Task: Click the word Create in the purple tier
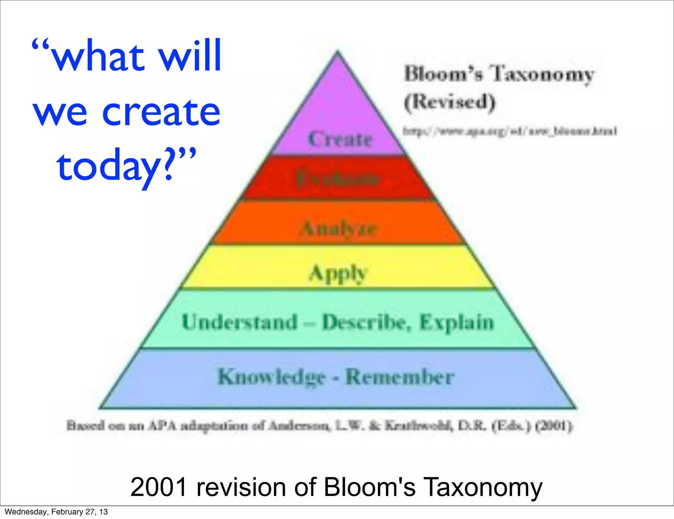pyautogui.click(x=340, y=139)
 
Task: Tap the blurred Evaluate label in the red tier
pyautogui.click(x=338, y=179)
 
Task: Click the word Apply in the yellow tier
pyautogui.click(x=338, y=273)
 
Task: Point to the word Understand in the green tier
pyautogui.click(x=240, y=322)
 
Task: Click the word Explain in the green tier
pyautogui.click(x=457, y=322)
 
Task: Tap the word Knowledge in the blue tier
pyautogui.click(x=272, y=377)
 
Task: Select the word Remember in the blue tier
pyautogui.click(x=400, y=377)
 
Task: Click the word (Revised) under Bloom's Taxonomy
pyautogui.click(x=450, y=102)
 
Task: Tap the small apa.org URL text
pyautogui.click(x=509, y=131)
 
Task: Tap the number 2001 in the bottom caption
pyautogui.click(x=159, y=487)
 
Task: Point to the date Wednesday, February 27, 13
pyautogui.click(x=56, y=512)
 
